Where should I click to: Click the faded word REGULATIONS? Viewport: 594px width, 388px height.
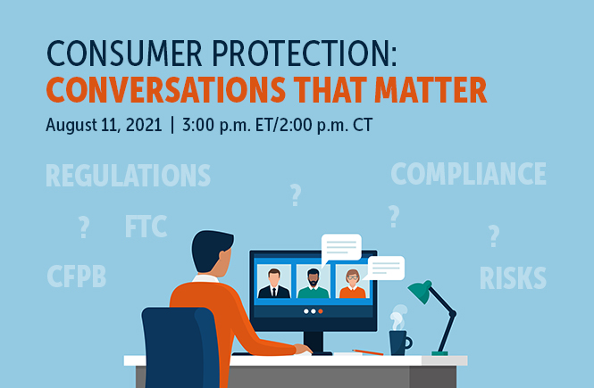click(x=128, y=176)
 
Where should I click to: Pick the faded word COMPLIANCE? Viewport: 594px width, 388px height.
click(x=468, y=173)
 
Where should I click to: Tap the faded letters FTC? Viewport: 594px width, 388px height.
click(x=146, y=227)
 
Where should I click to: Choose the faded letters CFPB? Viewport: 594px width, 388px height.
click(x=76, y=277)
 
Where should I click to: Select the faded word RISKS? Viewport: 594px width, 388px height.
click(x=513, y=278)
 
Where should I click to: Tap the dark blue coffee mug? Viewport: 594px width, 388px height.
click(x=399, y=342)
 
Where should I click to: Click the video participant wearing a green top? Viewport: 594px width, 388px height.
click(x=313, y=284)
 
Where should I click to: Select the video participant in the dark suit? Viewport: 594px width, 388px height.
click(x=273, y=284)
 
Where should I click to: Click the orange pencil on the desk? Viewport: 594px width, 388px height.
click(x=367, y=352)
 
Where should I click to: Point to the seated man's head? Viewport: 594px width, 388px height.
click(x=213, y=252)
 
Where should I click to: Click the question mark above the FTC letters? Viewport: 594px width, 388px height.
click(x=295, y=194)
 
